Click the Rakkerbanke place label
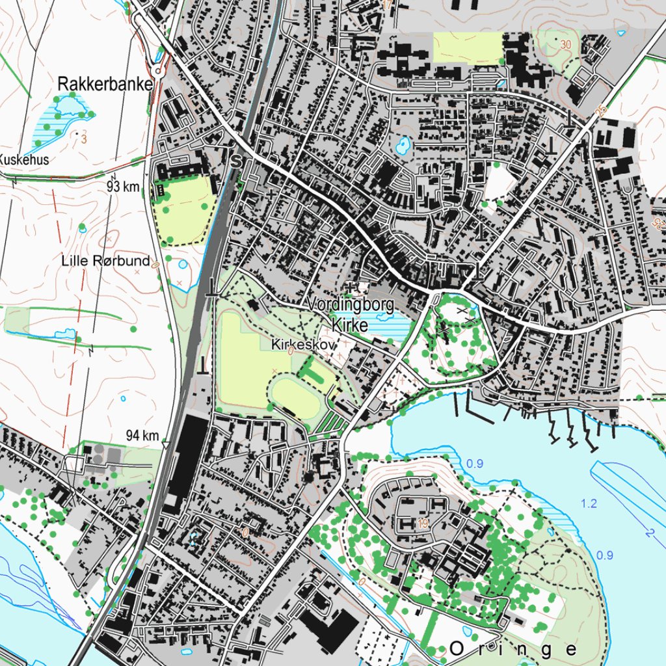pyautogui.click(x=105, y=85)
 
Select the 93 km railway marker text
pyautogui.click(x=124, y=187)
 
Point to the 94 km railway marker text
pyautogui.click(x=142, y=434)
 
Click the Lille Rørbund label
pyautogui.click(x=105, y=261)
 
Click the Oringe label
pyautogui.click(x=513, y=649)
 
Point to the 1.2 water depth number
pyautogui.click(x=589, y=503)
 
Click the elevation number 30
pyautogui.click(x=565, y=44)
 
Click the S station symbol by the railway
pyautogui.click(x=236, y=159)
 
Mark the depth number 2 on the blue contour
pyautogui.click(x=649, y=533)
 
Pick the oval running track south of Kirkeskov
pyautogui.click(x=295, y=395)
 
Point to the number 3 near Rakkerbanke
pyautogui.click(x=84, y=139)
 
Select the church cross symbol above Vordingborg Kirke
pyautogui.click(x=353, y=286)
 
